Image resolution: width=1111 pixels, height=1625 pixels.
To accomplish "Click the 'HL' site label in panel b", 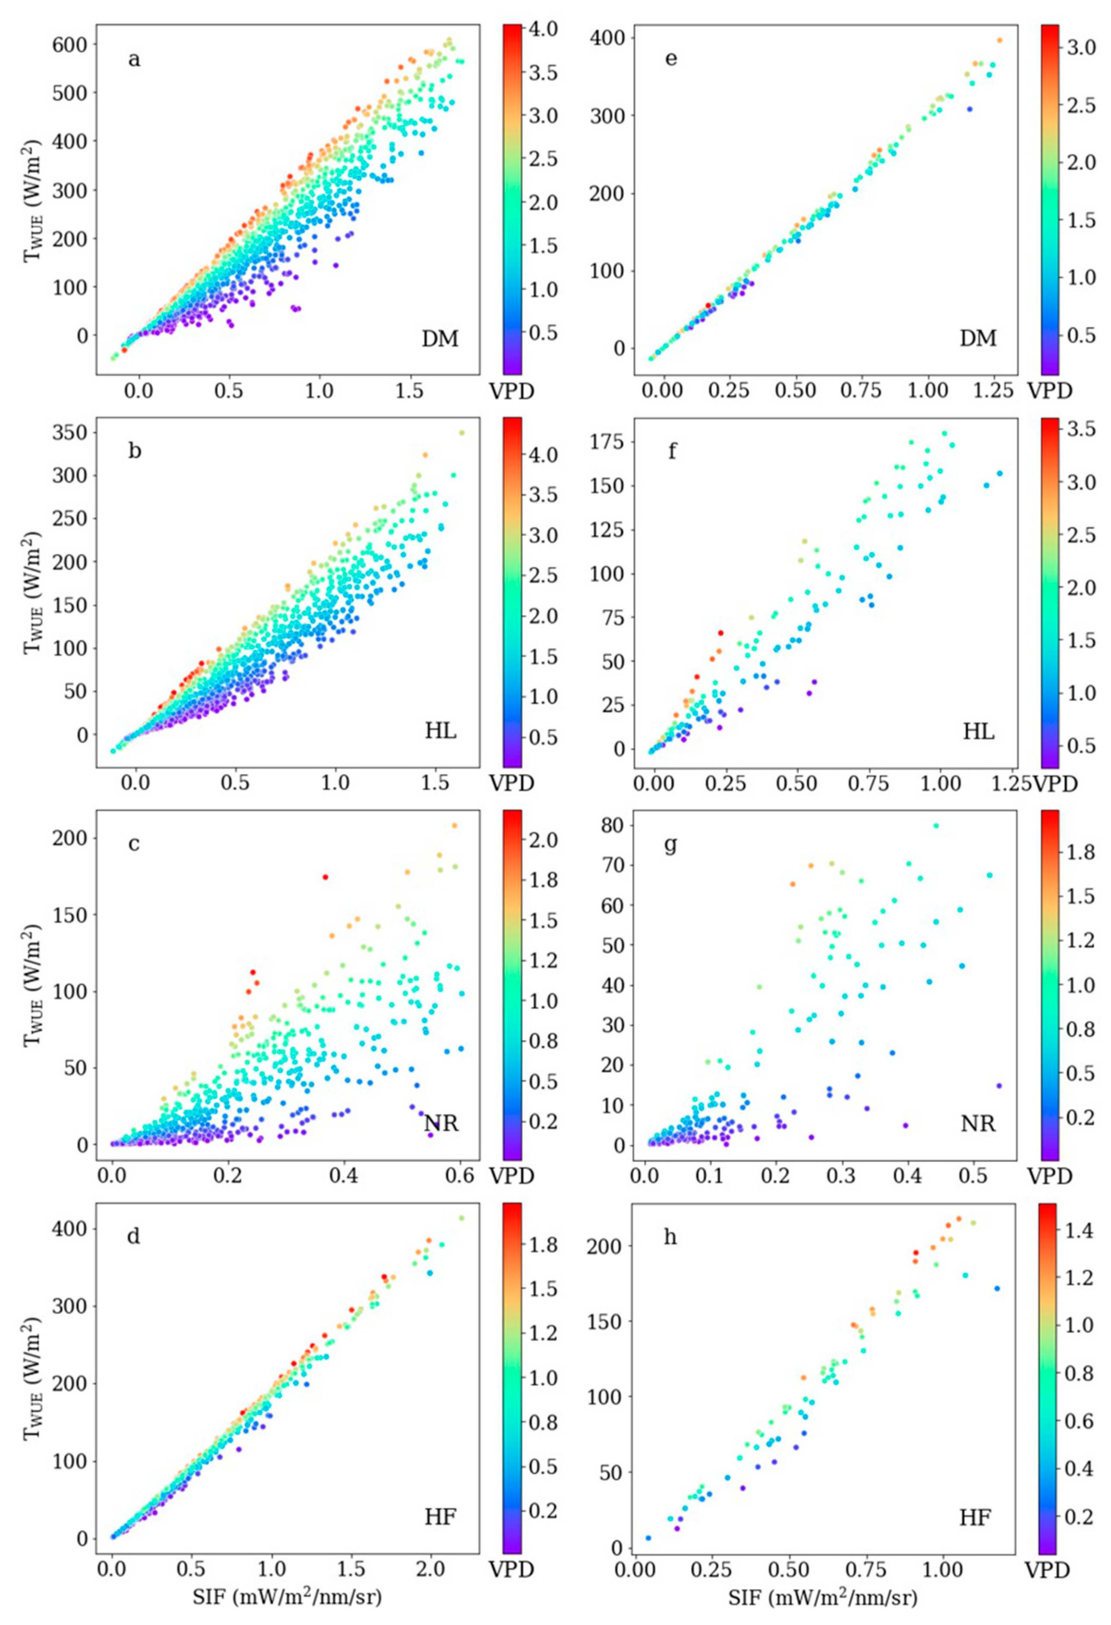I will (441, 731).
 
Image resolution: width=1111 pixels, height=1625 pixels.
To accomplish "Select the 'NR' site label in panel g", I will (978, 1124).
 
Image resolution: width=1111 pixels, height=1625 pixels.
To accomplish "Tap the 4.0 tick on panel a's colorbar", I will (543, 29).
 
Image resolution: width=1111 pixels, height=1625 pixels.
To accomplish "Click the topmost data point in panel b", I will (461, 433).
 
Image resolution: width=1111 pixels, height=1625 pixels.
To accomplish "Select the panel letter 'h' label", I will (670, 1237).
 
